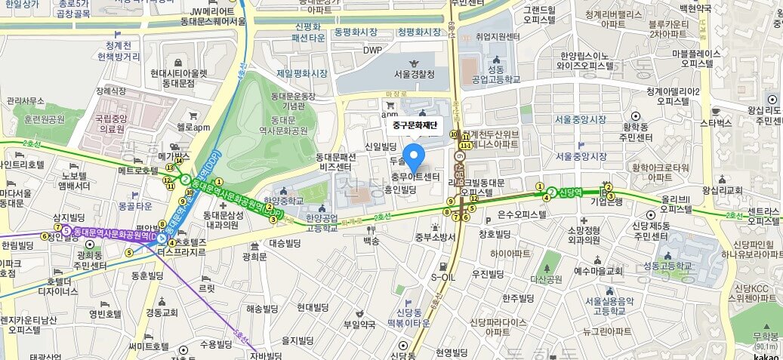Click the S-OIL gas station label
point(444,277)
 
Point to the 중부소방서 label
point(436,236)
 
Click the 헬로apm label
point(193,127)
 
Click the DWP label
point(372,51)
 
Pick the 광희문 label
point(255,257)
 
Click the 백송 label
point(371,241)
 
